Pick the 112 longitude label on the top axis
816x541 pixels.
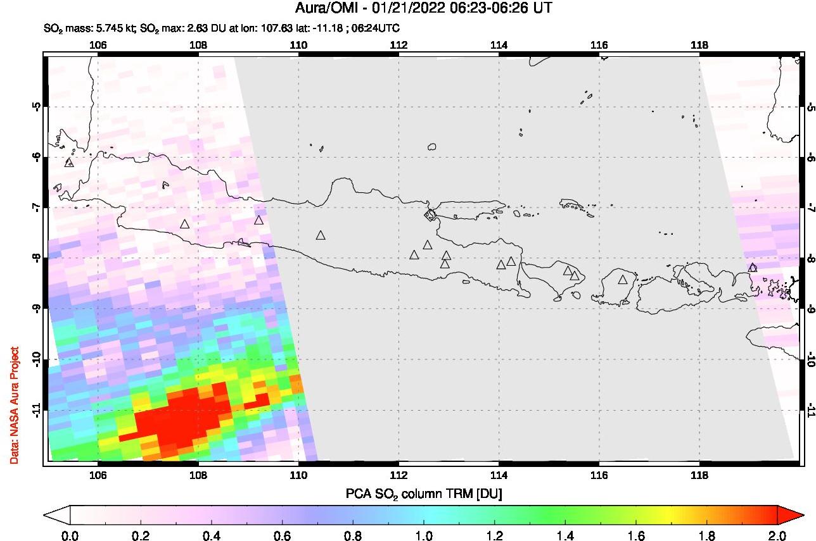pos(398,45)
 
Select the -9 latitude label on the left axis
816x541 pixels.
pos(37,309)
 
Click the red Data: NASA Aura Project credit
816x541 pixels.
pos(13,405)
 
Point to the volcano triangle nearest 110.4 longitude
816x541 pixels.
pos(321,235)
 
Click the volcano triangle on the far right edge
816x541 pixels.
pos(753,268)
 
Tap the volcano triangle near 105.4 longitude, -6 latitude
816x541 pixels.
pos(69,163)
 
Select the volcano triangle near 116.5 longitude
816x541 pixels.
pos(623,279)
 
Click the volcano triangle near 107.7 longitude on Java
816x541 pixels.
pos(184,224)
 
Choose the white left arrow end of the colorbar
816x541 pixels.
pos(56,516)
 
